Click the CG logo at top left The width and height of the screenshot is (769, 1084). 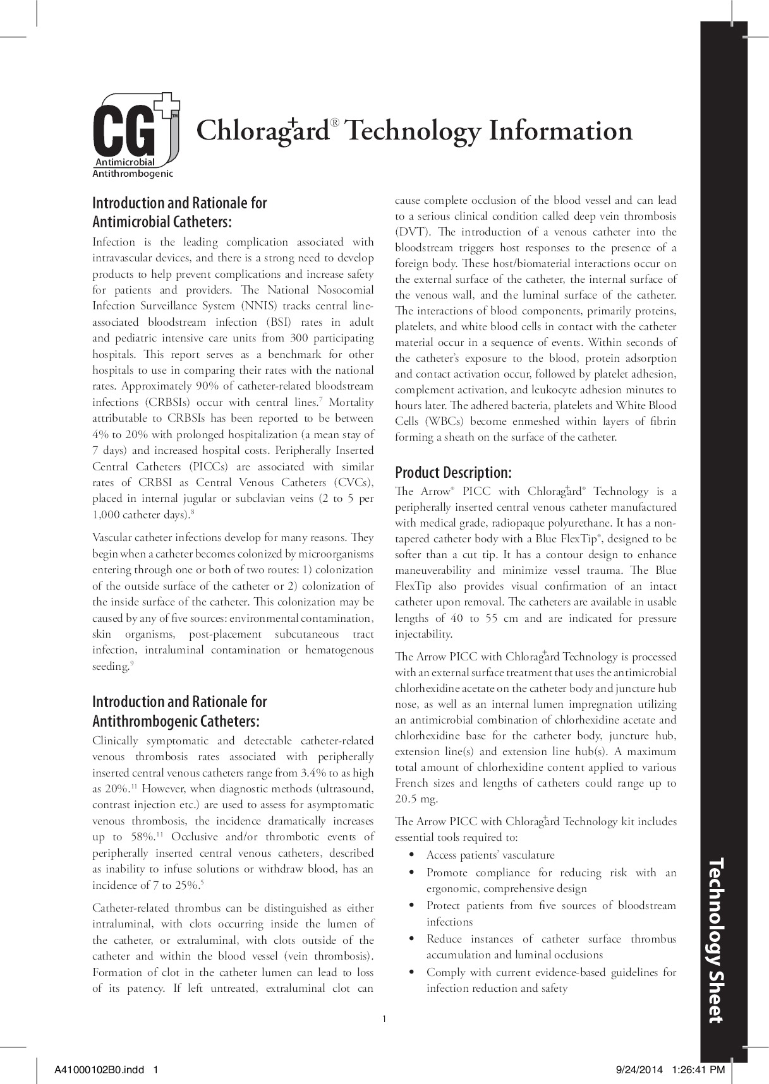click(135, 131)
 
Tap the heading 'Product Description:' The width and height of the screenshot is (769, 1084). click(453, 472)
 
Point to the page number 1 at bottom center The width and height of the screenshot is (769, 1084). click(384, 1018)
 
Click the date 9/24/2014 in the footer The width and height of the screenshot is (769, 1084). click(639, 1069)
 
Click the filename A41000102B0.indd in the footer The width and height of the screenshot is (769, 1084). click(99, 1069)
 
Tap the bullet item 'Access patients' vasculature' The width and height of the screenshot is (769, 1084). click(490, 855)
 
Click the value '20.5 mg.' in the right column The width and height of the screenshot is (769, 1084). click(416, 799)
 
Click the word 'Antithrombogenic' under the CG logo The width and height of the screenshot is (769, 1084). click(133, 173)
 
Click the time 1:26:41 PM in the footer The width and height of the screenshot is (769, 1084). click(699, 1069)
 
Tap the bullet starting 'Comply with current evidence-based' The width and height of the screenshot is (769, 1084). click(551, 972)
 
